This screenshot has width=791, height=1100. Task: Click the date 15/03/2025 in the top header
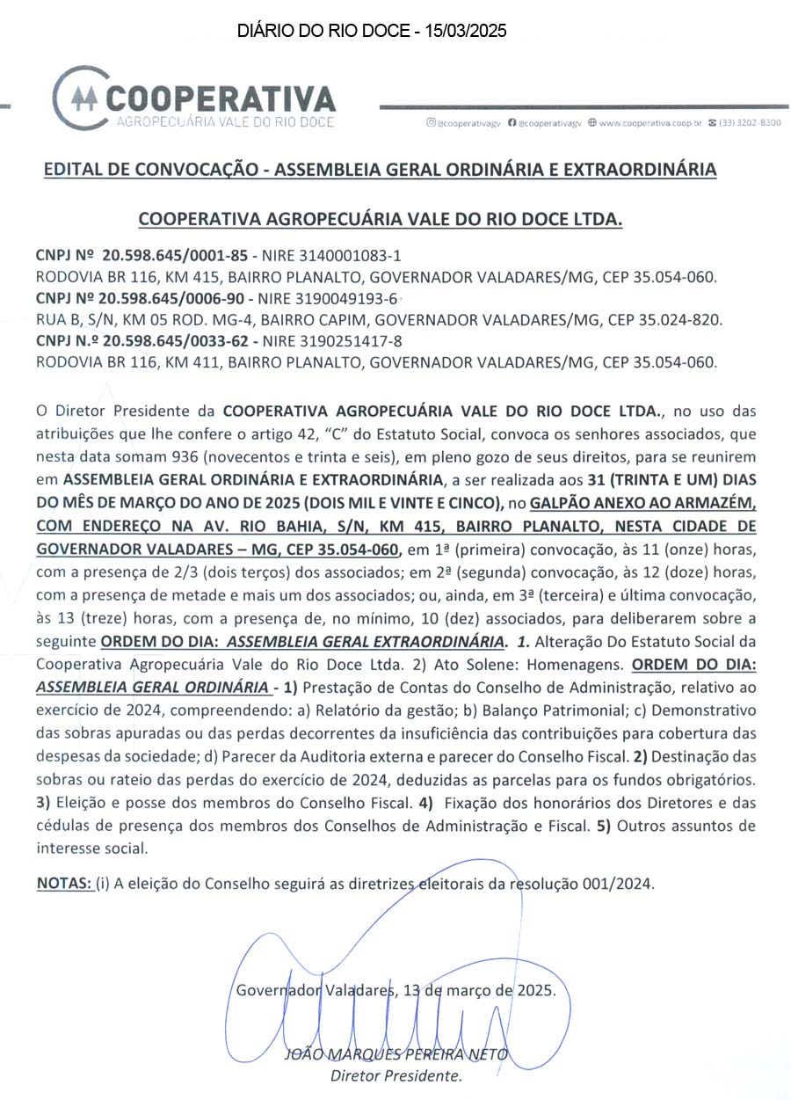(466, 31)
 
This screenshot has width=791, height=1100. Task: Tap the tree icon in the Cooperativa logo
(83, 97)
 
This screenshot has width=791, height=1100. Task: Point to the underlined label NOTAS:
(64, 884)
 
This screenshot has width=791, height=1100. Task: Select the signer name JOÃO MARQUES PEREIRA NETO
(396, 1054)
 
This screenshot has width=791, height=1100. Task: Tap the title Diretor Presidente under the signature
(396, 1075)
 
